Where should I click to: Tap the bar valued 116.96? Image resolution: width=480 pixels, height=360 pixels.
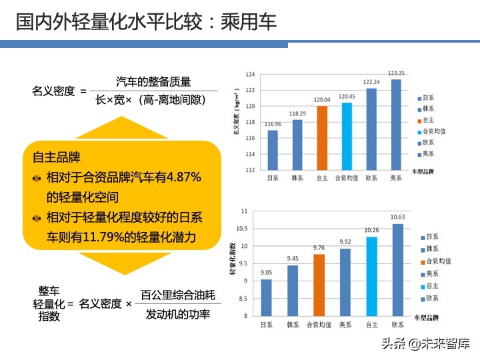pos(273,150)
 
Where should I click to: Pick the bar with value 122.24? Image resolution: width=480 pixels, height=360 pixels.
pos(371,129)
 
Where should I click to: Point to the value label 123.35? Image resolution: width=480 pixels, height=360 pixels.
pos(396,73)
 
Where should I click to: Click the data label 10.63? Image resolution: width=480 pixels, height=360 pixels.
pos(397,217)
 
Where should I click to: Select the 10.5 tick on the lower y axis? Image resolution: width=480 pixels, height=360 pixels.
pos(241,229)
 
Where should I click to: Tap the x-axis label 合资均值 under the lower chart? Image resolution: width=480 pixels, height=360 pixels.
pos(319,325)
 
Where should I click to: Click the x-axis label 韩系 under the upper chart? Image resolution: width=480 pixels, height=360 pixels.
pos(297,179)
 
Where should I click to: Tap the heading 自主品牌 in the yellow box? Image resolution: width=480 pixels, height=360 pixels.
pos(56,158)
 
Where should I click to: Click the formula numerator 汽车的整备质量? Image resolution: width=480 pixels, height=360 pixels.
pos(153,81)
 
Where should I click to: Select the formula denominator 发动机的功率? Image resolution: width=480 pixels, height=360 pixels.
pos(177,314)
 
